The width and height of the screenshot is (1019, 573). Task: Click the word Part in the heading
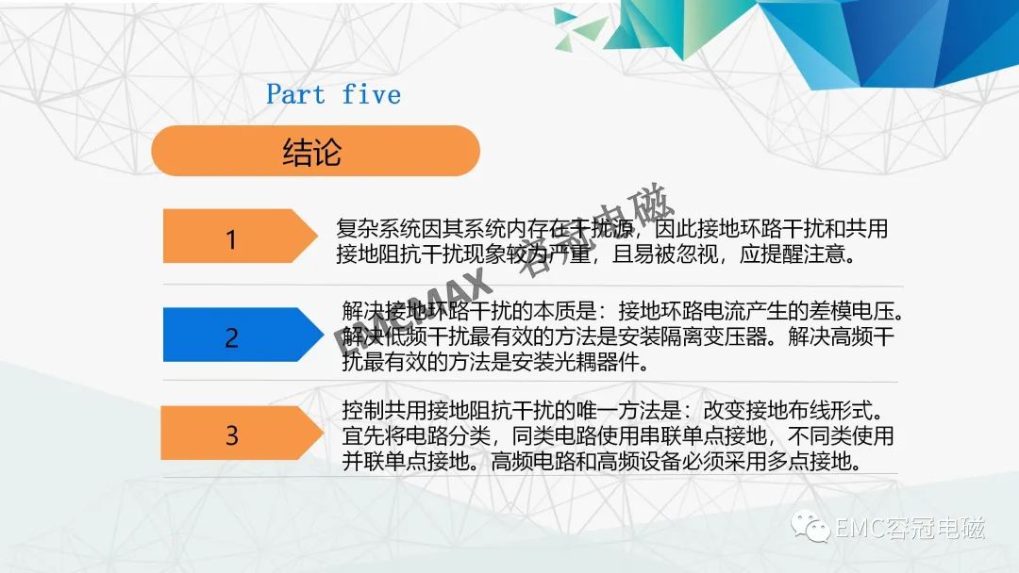point(295,95)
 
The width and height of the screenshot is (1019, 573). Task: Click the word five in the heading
point(371,95)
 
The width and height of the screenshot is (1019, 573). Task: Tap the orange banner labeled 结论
point(315,151)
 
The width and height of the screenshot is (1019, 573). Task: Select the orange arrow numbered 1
point(240,237)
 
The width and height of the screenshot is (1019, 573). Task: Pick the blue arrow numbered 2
point(243,335)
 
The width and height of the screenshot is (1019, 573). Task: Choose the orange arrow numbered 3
point(242,433)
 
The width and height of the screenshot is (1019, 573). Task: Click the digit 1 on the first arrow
point(231,240)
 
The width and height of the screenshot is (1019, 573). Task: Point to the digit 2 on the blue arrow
point(231,338)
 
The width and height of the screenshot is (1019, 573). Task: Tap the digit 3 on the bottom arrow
point(232,435)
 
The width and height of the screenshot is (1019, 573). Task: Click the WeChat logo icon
point(810,526)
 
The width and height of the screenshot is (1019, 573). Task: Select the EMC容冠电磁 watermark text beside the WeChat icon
point(910,528)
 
